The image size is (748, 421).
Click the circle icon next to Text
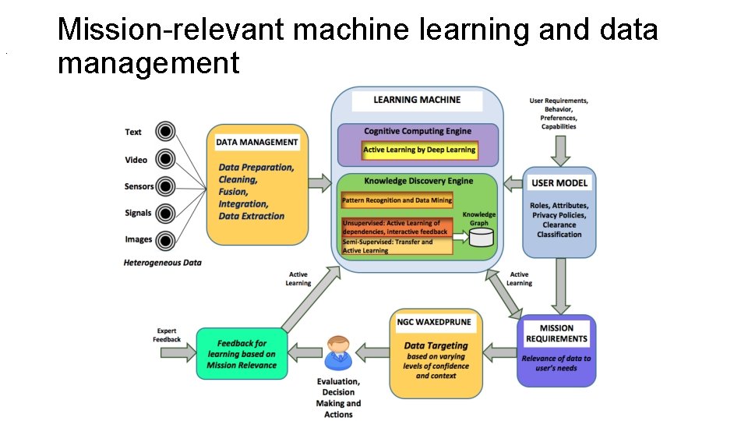[165, 132]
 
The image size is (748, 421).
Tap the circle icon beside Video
[165, 159]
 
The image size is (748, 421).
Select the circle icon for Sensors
[165, 186]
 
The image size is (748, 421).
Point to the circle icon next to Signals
[165, 213]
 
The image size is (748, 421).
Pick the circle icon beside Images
[165, 239]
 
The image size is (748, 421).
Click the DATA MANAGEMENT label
[256, 142]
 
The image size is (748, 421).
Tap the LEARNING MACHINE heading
[417, 100]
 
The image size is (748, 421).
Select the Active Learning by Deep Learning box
[419, 149]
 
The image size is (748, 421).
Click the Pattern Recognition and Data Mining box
[396, 201]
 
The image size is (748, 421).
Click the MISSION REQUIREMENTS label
[556, 333]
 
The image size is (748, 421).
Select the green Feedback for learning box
[242, 353]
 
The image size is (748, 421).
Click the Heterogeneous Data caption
[162, 263]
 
